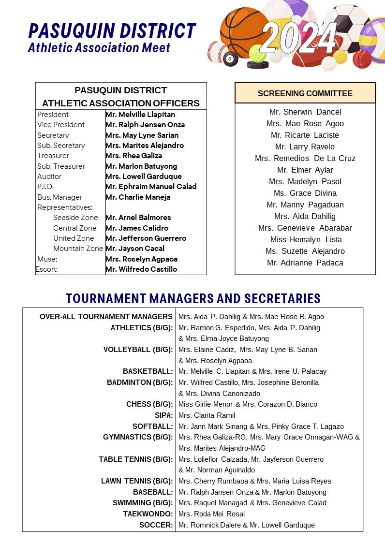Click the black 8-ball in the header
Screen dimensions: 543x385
[x=231, y=59]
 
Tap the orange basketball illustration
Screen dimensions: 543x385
[x=242, y=29]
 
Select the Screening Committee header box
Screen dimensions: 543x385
[x=305, y=93]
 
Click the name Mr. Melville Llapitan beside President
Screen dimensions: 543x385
[x=140, y=115]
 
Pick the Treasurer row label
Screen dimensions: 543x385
[x=53, y=156]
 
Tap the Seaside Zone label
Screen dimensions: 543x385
[x=75, y=218]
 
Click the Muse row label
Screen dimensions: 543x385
[x=47, y=259]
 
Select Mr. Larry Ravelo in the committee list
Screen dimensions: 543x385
[x=305, y=147]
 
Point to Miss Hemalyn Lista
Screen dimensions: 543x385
[x=306, y=239]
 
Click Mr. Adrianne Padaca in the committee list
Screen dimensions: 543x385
[x=305, y=263]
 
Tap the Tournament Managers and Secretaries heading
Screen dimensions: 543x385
[x=193, y=298]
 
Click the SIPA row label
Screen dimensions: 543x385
[x=163, y=415]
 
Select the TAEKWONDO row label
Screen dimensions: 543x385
[x=148, y=514]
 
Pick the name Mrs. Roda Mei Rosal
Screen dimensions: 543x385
[x=211, y=514]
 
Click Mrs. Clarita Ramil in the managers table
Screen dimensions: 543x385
[x=207, y=415]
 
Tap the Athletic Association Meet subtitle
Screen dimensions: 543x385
[x=99, y=47]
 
